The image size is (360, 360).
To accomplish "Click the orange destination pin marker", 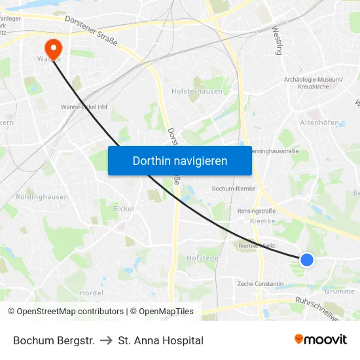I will pos(52,47).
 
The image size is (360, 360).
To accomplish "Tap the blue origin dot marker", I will pos(307,260).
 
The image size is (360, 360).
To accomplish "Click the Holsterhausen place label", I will pos(196,92).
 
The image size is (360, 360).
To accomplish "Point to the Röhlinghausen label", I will pos(42,196).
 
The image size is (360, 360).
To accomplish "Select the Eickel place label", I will pos(124,209).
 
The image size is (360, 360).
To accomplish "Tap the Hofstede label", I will pos(202,259).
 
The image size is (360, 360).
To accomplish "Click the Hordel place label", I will pos(92,293).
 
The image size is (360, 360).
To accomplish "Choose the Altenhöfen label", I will pos(319,122).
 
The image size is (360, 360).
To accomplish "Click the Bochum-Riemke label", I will pos(232,189).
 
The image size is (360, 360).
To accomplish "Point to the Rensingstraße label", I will pos(257,211).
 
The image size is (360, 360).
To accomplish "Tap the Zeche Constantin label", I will pos(261,284).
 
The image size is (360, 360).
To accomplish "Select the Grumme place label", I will pos(339,291).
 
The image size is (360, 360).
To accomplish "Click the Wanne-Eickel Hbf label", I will pos(84,107).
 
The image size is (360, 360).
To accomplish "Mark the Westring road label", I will pos(276,40).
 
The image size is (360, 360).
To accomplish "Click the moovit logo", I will pos(320,339).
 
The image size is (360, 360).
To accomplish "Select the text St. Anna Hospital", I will pos(161,340).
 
